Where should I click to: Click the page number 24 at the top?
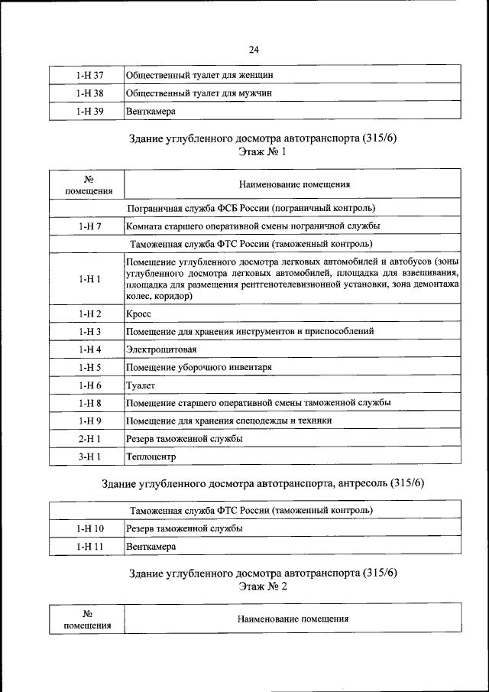(x=254, y=50)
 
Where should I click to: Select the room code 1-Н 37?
(x=89, y=76)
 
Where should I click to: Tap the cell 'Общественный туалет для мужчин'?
(x=199, y=93)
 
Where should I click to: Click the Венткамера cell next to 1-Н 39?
(x=151, y=111)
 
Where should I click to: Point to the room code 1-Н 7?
(x=89, y=226)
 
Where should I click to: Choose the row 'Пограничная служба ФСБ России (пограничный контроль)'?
(x=254, y=208)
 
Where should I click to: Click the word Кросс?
(x=139, y=314)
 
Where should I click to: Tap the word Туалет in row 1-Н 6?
(x=141, y=385)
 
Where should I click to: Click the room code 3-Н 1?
(x=89, y=456)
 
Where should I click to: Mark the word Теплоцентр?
(x=151, y=456)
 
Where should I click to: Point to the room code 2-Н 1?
(x=89, y=439)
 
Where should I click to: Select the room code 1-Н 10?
(x=89, y=528)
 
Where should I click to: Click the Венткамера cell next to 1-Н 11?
(x=151, y=547)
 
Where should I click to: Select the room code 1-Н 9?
(x=89, y=421)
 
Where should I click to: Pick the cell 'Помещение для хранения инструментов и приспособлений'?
(x=249, y=332)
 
